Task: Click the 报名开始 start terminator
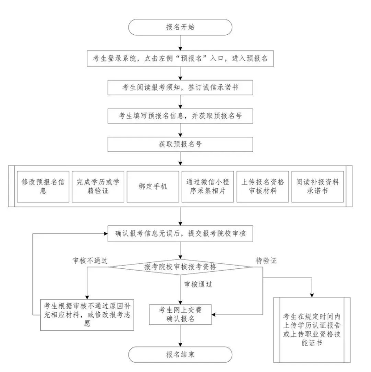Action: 180,27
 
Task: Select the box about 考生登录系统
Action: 180,59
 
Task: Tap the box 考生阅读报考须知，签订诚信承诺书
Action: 180,87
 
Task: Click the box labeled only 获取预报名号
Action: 180,144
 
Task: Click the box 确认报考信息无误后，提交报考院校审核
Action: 180,234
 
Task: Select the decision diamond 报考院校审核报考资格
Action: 180,267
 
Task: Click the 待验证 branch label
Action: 266,260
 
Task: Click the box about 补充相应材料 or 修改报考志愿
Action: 87,314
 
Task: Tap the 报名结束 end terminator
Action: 180,354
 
